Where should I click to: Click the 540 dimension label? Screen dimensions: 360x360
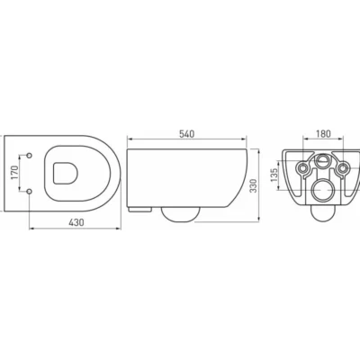coord(187,134)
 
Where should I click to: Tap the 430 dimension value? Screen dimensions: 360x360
coord(76,222)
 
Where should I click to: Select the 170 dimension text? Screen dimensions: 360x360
coord(14,173)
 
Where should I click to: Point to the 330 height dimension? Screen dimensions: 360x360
coord(254,185)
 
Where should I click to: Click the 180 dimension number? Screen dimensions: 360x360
coord(323,134)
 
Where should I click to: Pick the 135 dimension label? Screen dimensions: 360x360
coord(274,175)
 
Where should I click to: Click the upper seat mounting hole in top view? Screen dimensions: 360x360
coord(30,155)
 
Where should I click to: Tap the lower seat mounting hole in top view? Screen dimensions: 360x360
coord(30,191)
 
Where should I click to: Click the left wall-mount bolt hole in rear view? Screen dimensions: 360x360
coord(302,168)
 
